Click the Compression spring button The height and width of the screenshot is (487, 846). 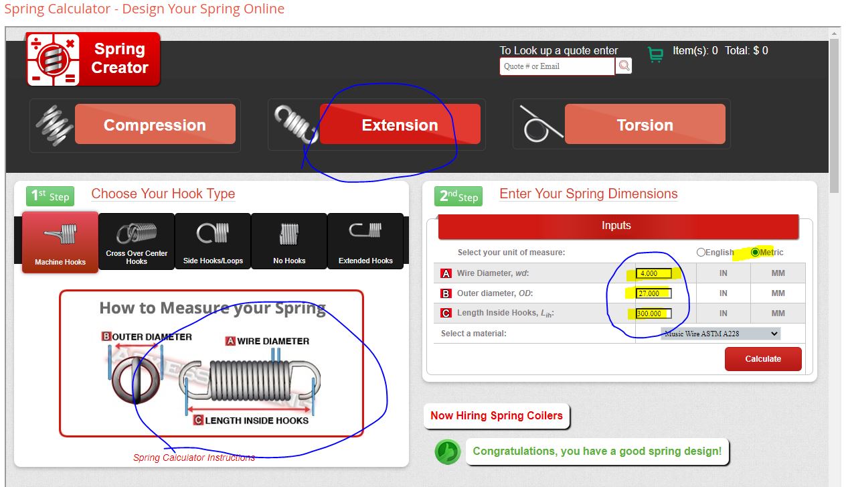point(155,124)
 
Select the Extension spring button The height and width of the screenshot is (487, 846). point(400,124)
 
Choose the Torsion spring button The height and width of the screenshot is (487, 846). point(645,124)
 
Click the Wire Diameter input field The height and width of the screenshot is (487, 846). point(653,273)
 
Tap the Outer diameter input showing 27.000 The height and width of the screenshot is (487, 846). point(653,293)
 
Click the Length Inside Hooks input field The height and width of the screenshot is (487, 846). point(653,314)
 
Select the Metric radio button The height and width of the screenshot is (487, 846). point(755,252)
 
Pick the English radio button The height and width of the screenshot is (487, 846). point(701,252)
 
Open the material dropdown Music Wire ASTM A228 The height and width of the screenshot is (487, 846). point(720,334)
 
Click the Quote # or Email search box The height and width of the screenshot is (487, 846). point(557,66)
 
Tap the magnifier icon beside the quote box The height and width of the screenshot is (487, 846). point(624,66)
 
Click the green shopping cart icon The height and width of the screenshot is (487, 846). point(656,54)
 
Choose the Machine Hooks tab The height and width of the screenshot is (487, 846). point(60,242)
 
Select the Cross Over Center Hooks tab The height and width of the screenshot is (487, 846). point(137,241)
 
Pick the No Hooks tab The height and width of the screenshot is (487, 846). point(289,241)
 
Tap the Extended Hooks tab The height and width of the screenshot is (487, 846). point(365,241)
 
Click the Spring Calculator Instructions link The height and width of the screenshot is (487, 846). point(194,458)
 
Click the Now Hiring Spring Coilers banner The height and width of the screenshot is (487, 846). point(497,416)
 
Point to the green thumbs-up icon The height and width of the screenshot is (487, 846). point(448,451)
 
